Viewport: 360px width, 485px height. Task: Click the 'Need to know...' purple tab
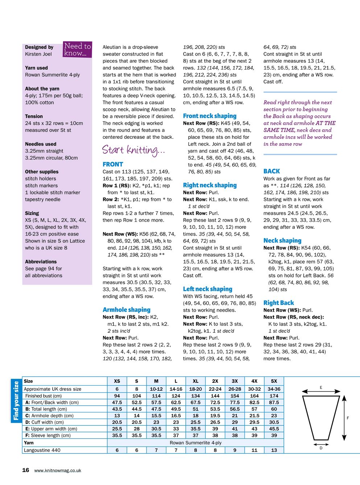[77, 49]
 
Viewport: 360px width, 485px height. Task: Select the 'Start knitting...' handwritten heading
[133, 150]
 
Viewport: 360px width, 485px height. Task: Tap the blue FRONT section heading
[113, 164]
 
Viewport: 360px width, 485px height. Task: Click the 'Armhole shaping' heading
[127, 310]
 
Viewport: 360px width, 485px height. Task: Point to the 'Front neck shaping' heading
[210, 116]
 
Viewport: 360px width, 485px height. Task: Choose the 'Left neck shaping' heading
[207, 289]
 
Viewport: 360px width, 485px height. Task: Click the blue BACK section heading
[272, 171]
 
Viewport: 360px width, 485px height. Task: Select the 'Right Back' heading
[278, 303]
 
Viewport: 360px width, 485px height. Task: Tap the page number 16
[26, 470]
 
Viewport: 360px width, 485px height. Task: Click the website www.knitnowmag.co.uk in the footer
[58, 471]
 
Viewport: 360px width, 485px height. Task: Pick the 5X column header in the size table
[274, 381]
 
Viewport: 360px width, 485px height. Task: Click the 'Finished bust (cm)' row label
[44, 396]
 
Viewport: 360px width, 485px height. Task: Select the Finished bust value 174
[274, 396]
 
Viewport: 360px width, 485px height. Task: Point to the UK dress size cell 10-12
[156, 389]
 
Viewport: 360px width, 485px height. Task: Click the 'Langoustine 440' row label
[42, 450]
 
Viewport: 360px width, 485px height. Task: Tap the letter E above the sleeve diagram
[321, 387]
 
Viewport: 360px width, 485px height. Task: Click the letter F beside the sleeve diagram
[348, 418]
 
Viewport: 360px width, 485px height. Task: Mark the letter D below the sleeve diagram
[321, 448]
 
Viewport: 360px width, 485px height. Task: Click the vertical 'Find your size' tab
[16, 401]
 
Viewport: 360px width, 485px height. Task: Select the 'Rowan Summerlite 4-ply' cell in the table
[195, 443]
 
